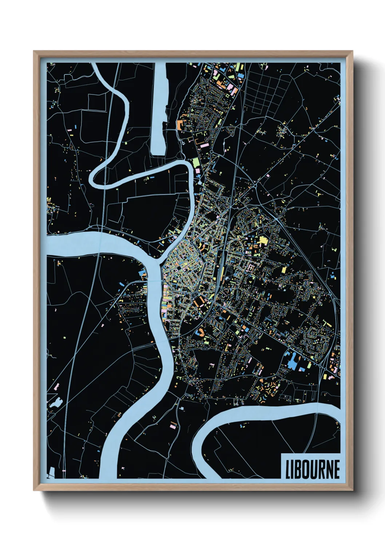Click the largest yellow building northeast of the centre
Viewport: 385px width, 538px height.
tap(263, 240)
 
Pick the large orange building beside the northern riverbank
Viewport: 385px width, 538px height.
tap(179, 125)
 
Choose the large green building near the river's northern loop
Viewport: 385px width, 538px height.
tap(196, 163)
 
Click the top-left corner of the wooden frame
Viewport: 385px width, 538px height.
tap(34, 52)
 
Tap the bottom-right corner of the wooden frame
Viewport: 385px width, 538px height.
tap(352, 490)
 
